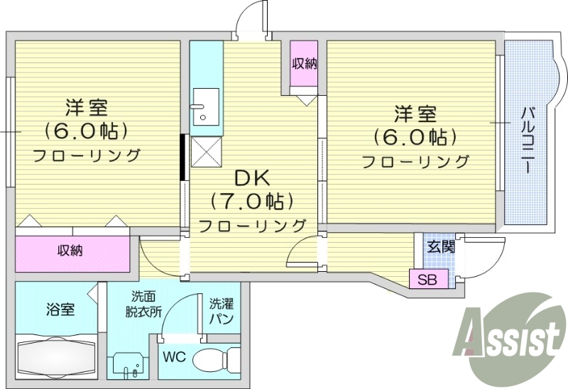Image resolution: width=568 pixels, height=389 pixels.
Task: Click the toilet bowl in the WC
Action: click(x=211, y=358)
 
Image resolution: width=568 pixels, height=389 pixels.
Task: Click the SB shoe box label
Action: click(x=427, y=280)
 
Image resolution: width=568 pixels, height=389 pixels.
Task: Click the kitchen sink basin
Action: click(x=205, y=106)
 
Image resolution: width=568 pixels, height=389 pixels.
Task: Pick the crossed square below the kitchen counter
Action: click(x=206, y=150)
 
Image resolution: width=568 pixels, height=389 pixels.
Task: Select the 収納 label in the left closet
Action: click(x=70, y=251)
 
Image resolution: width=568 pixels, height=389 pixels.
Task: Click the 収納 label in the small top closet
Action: click(x=305, y=63)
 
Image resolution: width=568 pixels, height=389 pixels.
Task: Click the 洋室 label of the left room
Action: click(x=87, y=109)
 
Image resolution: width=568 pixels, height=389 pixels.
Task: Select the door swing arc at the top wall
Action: click(x=252, y=16)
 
